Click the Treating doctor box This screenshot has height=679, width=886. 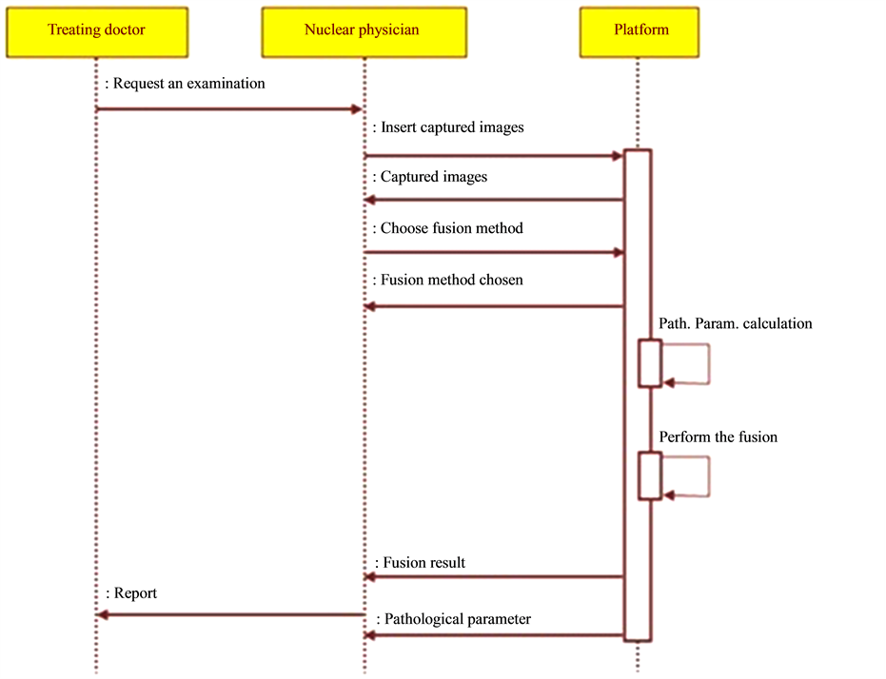[x=96, y=30]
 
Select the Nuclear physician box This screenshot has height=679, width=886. [x=362, y=30]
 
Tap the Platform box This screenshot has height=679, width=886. [x=640, y=30]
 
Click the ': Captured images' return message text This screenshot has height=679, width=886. [x=430, y=177]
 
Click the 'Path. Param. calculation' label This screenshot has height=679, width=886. [x=736, y=324]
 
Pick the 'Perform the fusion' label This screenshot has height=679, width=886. [x=719, y=437]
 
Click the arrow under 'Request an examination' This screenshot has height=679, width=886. [x=228, y=109]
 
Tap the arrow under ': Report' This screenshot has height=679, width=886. [x=228, y=615]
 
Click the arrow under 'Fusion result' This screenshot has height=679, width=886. [x=495, y=577]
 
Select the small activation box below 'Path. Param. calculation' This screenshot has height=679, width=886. [x=649, y=363]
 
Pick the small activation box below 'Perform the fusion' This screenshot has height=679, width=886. [x=649, y=475]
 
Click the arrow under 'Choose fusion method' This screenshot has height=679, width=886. [x=495, y=253]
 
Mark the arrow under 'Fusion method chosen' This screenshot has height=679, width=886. [x=495, y=306]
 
